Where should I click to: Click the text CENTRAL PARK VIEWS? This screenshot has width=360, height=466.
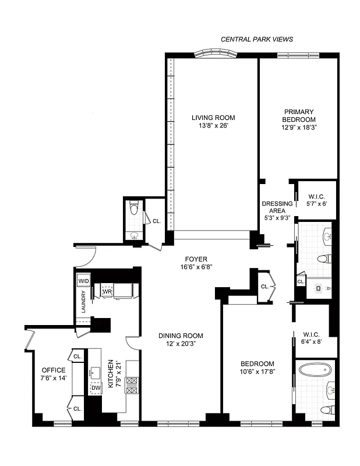pyautogui.click(x=256, y=40)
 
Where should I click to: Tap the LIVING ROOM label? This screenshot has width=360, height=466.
pyautogui.click(x=213, y=118)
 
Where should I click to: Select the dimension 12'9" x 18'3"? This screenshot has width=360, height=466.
pyautogui.click(x=299, y=126)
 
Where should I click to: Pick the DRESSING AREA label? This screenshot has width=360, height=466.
pyautogui.click(x=277, y=207)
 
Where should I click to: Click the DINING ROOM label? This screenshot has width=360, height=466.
pyautogui.click(x=180, y=336)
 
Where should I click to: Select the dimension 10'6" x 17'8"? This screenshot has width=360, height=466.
pyautogui.click(x=257, y=372)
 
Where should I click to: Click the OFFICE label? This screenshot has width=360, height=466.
pyautogui.click(x=53, y=370)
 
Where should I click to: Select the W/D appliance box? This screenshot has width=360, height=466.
pyautogui.click(x=83, y=281)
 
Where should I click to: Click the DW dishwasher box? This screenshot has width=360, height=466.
pyautogui.click(x=95, y=388)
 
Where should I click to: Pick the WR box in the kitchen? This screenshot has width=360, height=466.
pyautogui.click(x=107, y=292)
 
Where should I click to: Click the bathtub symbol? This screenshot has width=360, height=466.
pyautogui.click(x=315, y=370)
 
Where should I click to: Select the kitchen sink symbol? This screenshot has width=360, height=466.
pyautogui.click(x=94, y=372)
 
